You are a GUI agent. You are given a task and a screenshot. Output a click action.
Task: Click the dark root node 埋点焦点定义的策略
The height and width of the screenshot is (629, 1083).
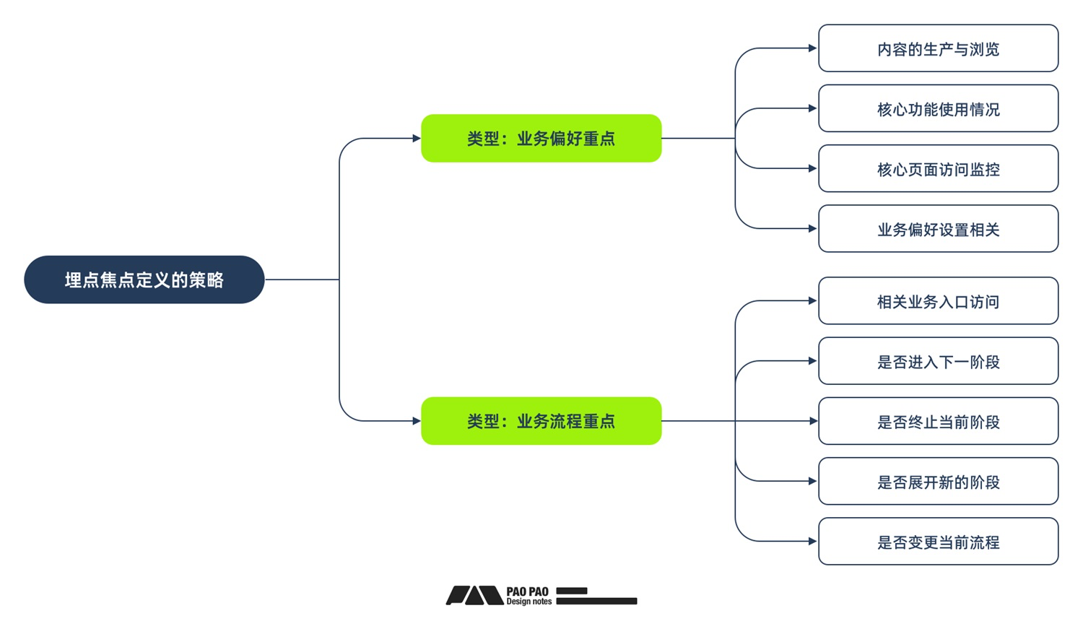pyautogui.click(x=144, y=279)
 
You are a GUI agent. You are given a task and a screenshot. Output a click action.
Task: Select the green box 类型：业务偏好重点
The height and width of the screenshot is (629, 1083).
pyautogui.click(x=541, y=138)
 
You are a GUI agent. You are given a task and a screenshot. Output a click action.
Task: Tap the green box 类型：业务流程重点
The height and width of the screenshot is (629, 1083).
pyautogui.click(x=541, y=421)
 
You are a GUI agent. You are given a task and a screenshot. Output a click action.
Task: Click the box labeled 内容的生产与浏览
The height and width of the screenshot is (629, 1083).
pyautogui.click(x=938, y=48)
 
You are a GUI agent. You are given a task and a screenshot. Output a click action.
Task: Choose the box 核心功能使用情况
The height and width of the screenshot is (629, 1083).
pyautogui.click(x=938, y=108)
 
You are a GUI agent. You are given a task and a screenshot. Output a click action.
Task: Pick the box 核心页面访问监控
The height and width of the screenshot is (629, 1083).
pyautogui.click(x=938, y=169)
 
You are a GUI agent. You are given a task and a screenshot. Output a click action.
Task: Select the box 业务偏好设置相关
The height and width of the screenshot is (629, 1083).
pyautogui.click(x=938, y=229)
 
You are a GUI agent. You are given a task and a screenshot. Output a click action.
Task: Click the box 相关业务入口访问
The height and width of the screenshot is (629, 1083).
pyautogui.click(x=938, y=301)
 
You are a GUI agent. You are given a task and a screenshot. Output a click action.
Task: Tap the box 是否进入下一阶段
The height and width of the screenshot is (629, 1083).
pyautogui.click(x=938, y=361)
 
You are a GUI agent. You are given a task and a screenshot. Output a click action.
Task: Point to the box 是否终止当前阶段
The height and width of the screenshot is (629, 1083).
pyautogui.click(x=938, y=421)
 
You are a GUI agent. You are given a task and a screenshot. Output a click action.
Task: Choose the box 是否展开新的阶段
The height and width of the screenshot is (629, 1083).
pyautogui.click(x=938, y=482)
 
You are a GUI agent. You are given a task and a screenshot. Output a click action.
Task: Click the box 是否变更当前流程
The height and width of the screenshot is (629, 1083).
pyautogui.click(x=938, y=542)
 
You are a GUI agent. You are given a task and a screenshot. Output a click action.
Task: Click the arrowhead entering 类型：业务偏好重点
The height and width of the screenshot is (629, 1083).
pyautogui.click(x=416, y=138)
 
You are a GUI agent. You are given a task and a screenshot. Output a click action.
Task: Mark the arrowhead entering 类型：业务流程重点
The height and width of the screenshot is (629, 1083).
pyautogui.click(x=416, y=421)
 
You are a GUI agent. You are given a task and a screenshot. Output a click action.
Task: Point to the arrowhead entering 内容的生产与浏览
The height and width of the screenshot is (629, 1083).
pyautogui.click(x=812, y=48)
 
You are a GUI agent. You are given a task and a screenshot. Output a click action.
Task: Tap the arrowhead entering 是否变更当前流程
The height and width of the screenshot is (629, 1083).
pyautogui.click(x=812, y=541)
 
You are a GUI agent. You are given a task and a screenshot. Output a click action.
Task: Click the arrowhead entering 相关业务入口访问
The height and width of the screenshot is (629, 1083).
pyautogui.click(x=812, y=300)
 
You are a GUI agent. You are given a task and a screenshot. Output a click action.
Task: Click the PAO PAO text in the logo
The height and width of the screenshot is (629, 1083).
pyautogui.click(x=527, y=591)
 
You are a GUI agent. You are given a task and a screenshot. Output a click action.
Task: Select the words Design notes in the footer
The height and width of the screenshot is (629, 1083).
pyautogui.click(x=529, y=602)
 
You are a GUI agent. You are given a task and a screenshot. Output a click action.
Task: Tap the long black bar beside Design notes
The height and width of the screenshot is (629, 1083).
pyautogui.click(x=596, y=601)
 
